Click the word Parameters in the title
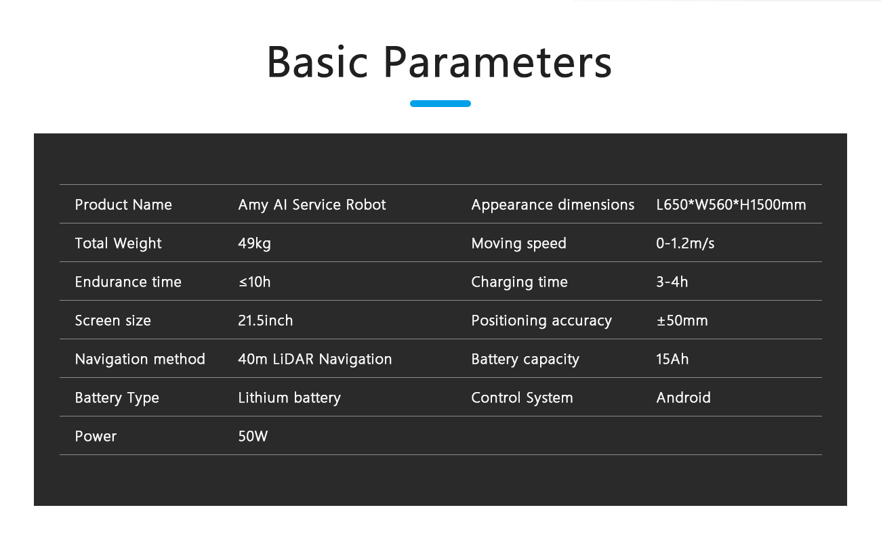[497, 63]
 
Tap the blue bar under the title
[440, 104]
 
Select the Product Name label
[123, 205]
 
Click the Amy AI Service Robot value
[312, 205]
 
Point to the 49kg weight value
[254, 244]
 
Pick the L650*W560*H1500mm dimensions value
[731, 205]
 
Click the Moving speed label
[518, 244]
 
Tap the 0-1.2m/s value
[685, 243]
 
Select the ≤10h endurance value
[254, 282]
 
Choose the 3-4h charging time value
[672, 282]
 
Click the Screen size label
[113, 320]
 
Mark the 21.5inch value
[266, 320]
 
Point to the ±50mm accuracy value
[682, 320]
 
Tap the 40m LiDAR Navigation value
[315, 359]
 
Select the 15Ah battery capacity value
[672, 359]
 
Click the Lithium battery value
[289, 398]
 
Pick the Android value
[684, 398]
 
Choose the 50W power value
[253, 436]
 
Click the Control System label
[522, 398]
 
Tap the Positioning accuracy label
[541, 321]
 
